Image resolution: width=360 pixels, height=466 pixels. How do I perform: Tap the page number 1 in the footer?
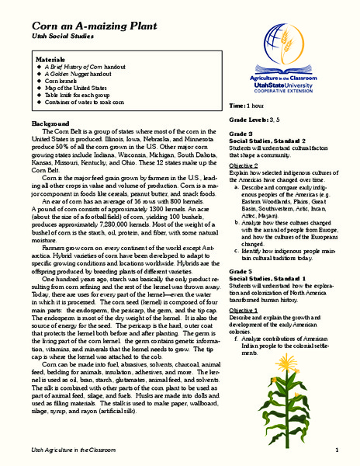337,450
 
